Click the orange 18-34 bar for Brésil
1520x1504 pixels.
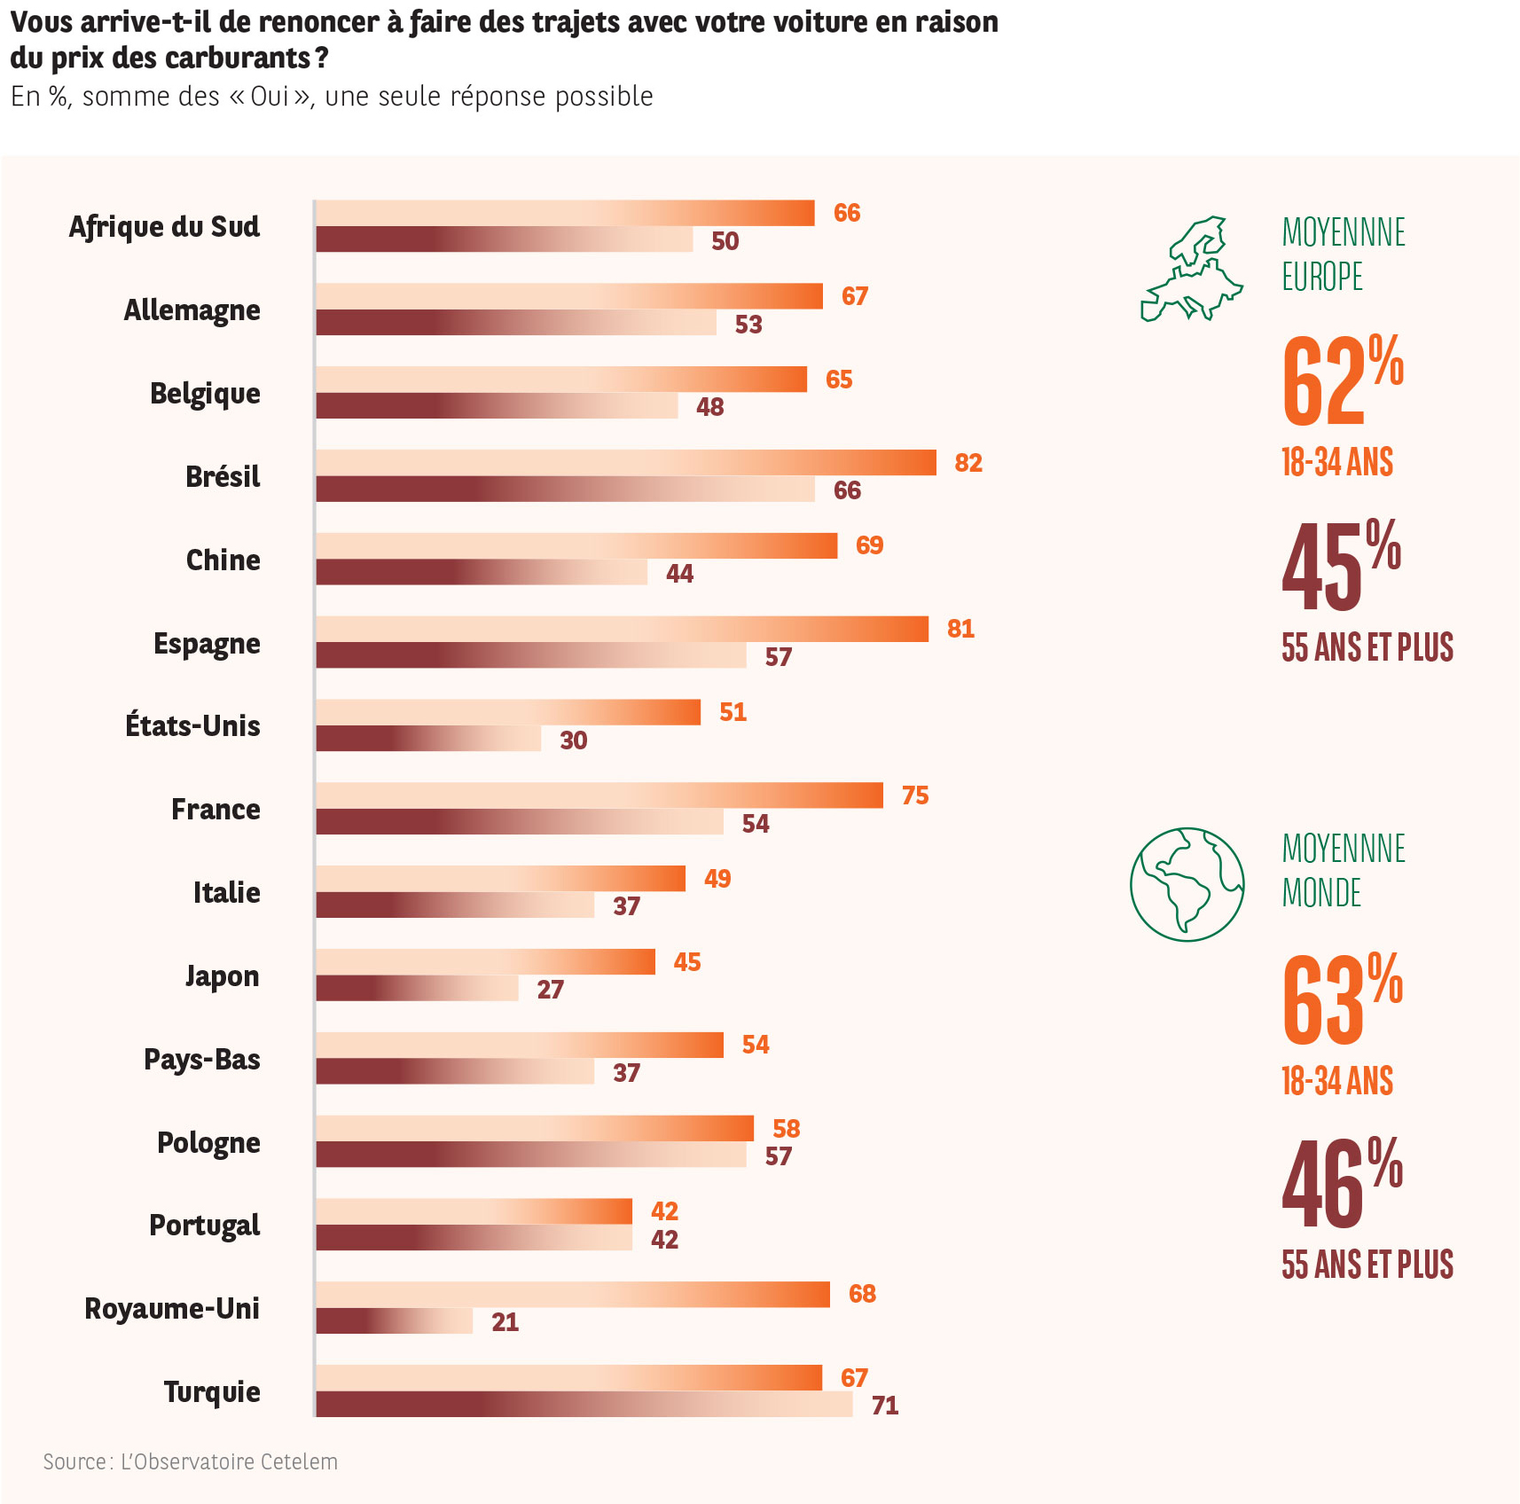point(625,463)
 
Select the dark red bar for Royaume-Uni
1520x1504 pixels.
point(395,1321)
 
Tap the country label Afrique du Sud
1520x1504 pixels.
point(165,227)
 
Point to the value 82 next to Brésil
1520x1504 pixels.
point(968,463)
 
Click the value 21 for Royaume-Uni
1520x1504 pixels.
point(505,1322)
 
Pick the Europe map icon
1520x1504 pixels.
point(1191,269)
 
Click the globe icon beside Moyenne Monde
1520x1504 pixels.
point(1187,884)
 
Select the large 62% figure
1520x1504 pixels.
point(1342,380)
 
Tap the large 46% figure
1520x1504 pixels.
point(1342,1183)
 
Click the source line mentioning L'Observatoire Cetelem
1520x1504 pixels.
point(191,1461)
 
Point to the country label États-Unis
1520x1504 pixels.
point(192,726)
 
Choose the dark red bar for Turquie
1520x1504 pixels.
point(584,1405)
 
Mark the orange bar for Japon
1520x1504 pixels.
point(485,962)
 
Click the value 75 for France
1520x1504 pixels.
point(915,795)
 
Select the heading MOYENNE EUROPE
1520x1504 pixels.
point(1343,255)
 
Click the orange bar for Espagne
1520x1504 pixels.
point(622,629)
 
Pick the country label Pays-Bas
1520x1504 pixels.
point(202,1060)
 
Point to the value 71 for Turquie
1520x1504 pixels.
point(885,1406)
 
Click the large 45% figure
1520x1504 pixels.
point(1341,566)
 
